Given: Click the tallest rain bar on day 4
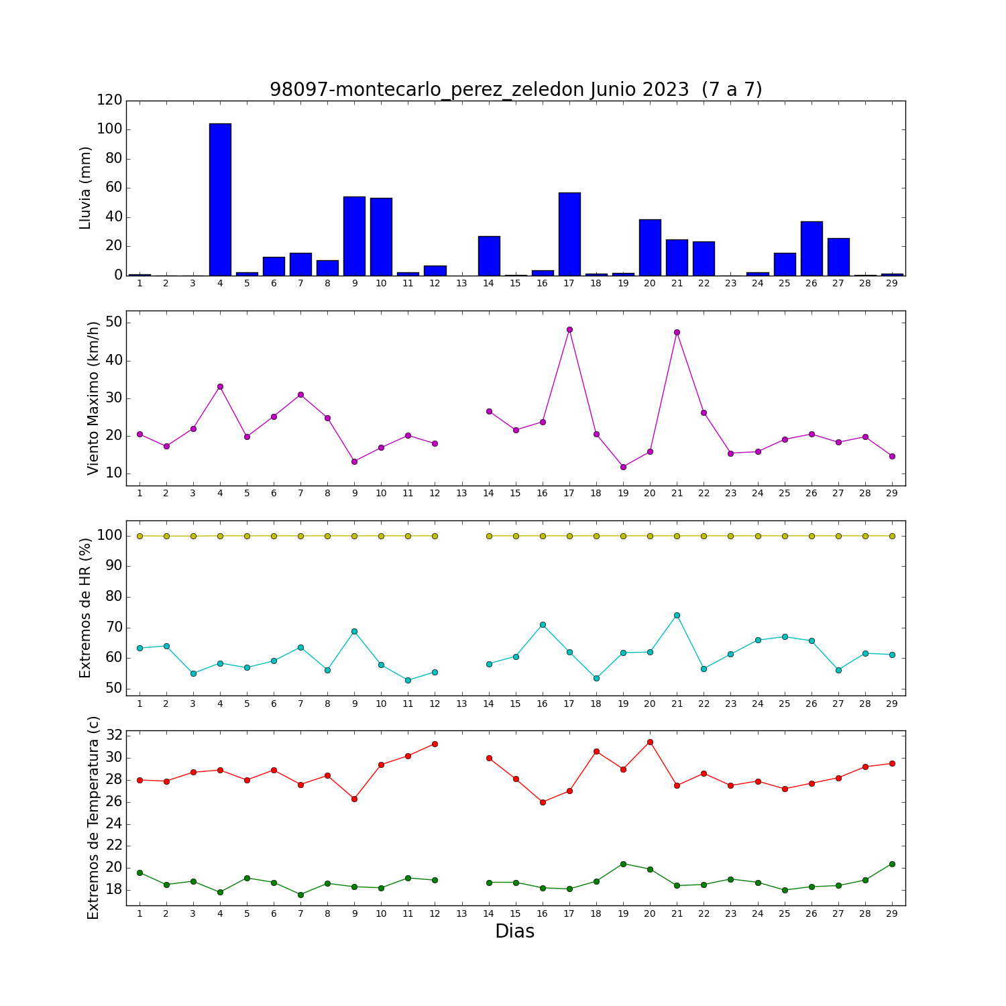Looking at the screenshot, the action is click(x=220, y=199).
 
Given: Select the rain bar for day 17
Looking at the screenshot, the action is click(x=569, y=234).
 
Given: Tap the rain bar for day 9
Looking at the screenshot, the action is click(x=354, y=236).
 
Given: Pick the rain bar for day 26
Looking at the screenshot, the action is click(x=812, y=248).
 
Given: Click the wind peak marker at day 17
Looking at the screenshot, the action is click(x=569, y=329).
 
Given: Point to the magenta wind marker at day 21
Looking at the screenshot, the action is click(x=677, y=332).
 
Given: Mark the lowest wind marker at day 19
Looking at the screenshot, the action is click(x=623, y=467).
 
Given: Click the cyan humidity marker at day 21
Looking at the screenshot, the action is click(x=677, y=615).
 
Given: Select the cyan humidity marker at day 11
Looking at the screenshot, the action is click(x=408, y=680).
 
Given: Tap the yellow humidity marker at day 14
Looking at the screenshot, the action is click(x=489, y=536).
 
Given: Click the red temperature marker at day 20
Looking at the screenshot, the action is click(x=650, y=742).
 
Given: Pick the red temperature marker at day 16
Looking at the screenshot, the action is click(x=543, y=802).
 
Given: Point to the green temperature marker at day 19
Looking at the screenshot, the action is click(x=623, y=864).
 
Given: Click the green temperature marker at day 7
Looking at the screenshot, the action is click(x=300, y=895).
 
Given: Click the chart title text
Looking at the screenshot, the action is click(x=516, y=90).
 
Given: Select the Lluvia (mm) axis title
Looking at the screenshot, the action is click(x=85, y=188).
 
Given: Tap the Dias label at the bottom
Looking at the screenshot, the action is click(x=515, y=931).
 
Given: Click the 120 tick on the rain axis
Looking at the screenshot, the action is click(x=110, y=100).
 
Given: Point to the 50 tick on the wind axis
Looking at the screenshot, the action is click(x=114, y=323).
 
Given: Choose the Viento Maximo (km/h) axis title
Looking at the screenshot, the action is click(x=93, y=398).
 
